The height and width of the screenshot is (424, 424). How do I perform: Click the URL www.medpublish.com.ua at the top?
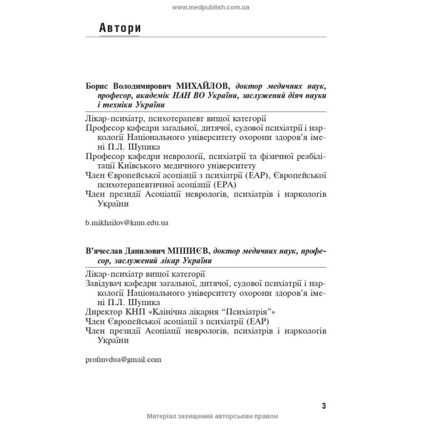[x=211, y=7]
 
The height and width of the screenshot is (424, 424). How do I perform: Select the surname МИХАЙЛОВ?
[x=197, y=86]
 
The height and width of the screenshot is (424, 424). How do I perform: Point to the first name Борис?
[x=98, y=86]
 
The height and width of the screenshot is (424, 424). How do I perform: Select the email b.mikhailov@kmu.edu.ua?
[x=127, y=223]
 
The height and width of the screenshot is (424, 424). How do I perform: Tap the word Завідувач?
[x=107, y=283]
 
